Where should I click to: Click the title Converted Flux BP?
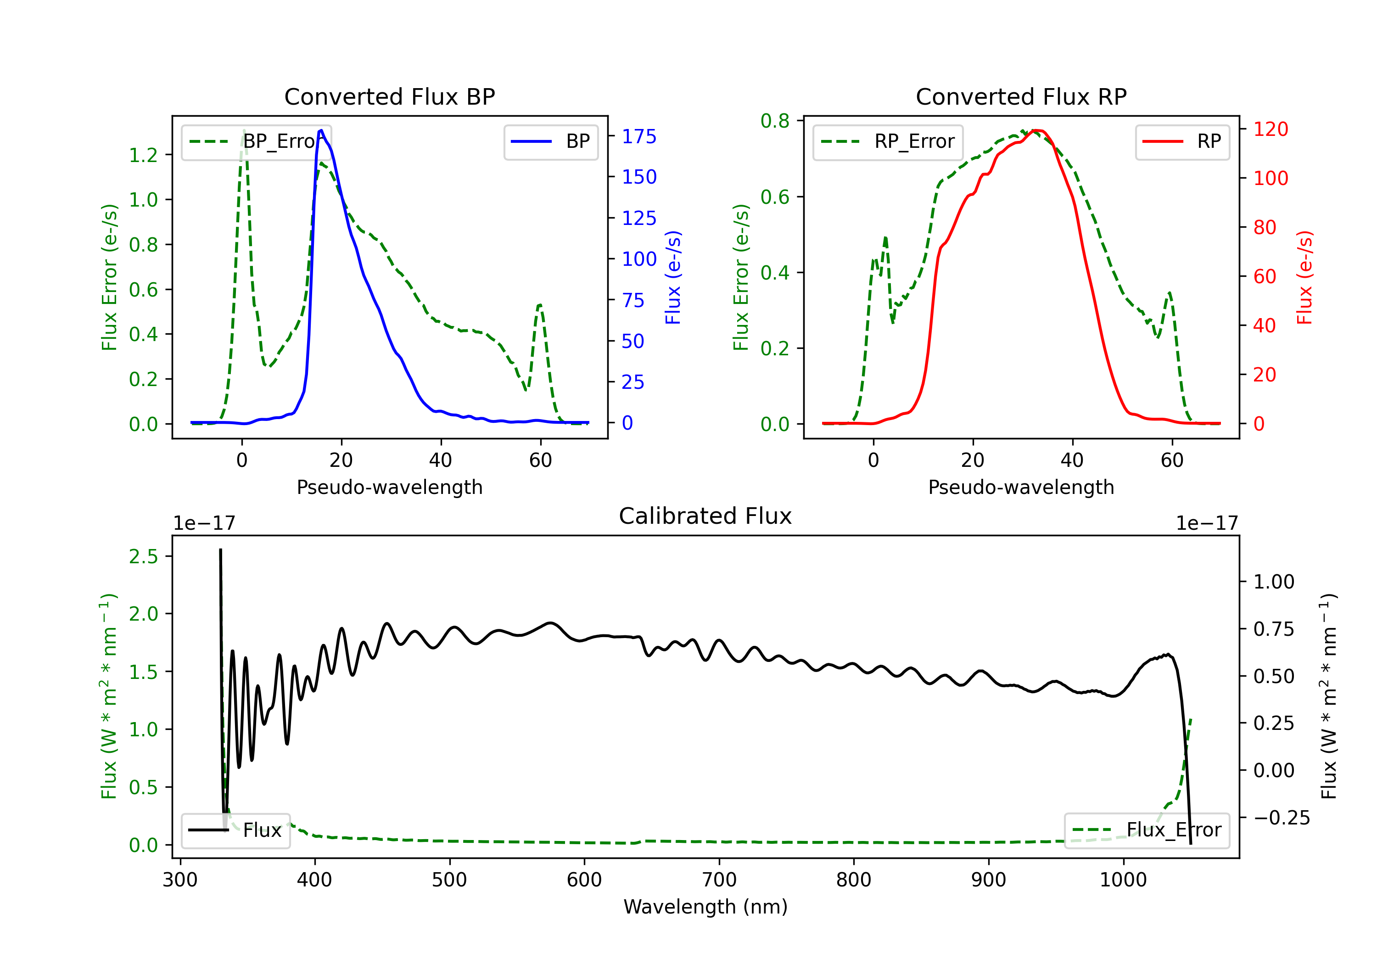click(x=389, y=96)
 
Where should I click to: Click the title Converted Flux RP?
click(x=1021, y=96)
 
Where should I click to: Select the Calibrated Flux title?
click(x=705, y=516)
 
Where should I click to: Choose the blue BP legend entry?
click(x=550, y=141)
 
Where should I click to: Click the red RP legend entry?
click(x=1182, y=141)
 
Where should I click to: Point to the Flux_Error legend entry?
click(x=1147, y=830)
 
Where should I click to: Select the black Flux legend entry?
click(x=235, y=830)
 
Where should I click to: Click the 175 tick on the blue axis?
click(x=639, y=137)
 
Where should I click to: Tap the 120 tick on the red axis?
click(x=1270, y=129)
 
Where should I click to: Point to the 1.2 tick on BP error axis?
click(x=143, y=155)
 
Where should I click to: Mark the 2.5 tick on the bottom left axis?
click(x=143, y=557)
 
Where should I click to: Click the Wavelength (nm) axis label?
click(x=705, y=907)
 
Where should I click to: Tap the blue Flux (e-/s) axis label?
click(x=673, y=278)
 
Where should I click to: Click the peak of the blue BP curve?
click(x=321, y=130)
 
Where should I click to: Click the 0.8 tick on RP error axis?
click(x=775, y=121)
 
